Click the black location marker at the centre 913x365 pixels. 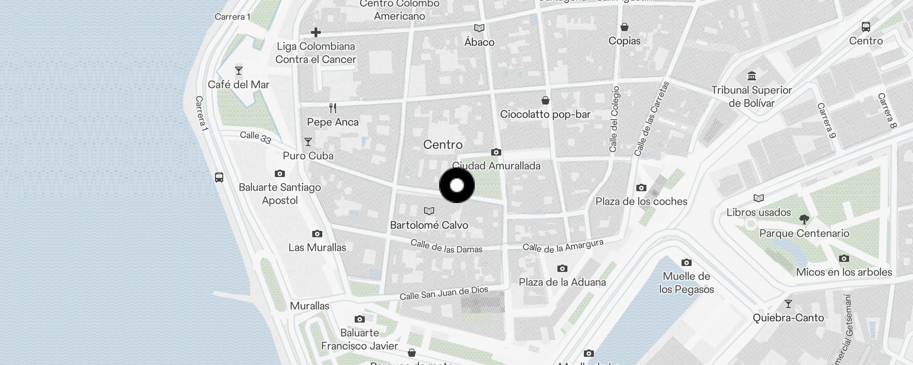457,185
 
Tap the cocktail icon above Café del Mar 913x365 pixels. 238,71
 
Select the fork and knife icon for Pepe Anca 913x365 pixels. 333,108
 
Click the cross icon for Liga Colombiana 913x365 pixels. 315,32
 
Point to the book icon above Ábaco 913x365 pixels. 479,28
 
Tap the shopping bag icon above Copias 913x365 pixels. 624,27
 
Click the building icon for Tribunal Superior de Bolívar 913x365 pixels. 751,76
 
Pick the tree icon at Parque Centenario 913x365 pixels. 804,219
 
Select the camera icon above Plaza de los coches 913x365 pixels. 641,188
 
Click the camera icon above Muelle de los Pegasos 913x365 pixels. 686,262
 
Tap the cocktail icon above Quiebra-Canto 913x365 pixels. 788,304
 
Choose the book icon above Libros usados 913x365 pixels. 758,198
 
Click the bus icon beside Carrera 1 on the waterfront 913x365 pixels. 219,177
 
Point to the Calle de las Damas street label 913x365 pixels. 446,246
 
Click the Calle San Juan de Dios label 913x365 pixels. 444,293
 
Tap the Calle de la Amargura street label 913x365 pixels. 563,246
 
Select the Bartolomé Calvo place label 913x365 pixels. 429,225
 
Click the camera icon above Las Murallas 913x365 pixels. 317,234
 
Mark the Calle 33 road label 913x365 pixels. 256,137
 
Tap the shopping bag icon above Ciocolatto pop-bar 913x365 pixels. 545,100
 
